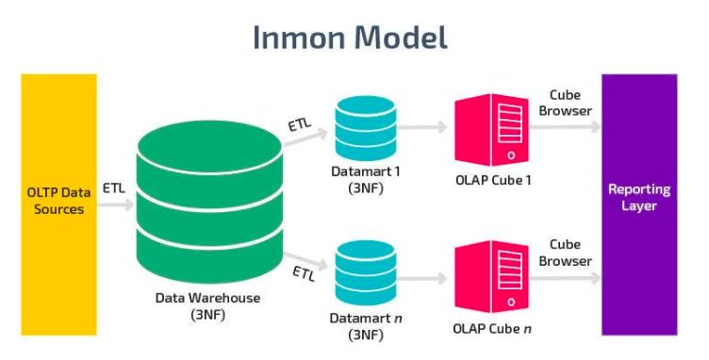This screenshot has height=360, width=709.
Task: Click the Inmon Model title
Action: (349, 37)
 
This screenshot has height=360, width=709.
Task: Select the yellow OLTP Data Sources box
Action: (58, 204)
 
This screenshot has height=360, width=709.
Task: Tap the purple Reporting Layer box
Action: (638, 204)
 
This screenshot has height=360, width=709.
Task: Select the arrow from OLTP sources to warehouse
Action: (116, 205)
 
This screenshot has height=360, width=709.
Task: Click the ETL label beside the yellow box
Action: (113, 188)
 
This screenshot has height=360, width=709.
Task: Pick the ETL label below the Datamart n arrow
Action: (304, 274)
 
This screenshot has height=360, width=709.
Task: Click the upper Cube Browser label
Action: (566, 103)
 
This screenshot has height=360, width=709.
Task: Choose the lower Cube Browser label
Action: (566, 254)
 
